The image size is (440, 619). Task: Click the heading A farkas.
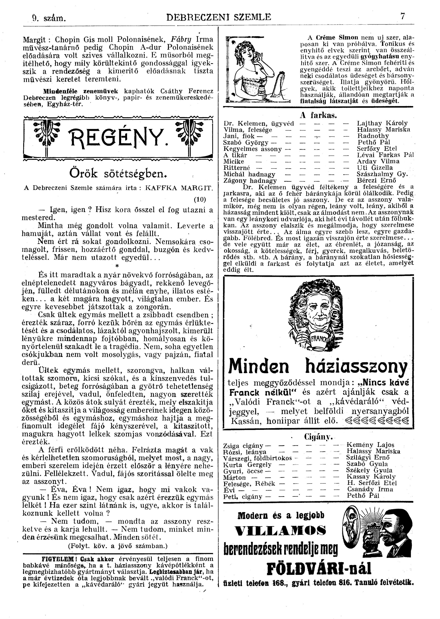click(x=318, y=116)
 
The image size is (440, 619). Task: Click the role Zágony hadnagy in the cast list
click(x=250, y=181)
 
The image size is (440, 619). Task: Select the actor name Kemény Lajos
click(x=370, y=445)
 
